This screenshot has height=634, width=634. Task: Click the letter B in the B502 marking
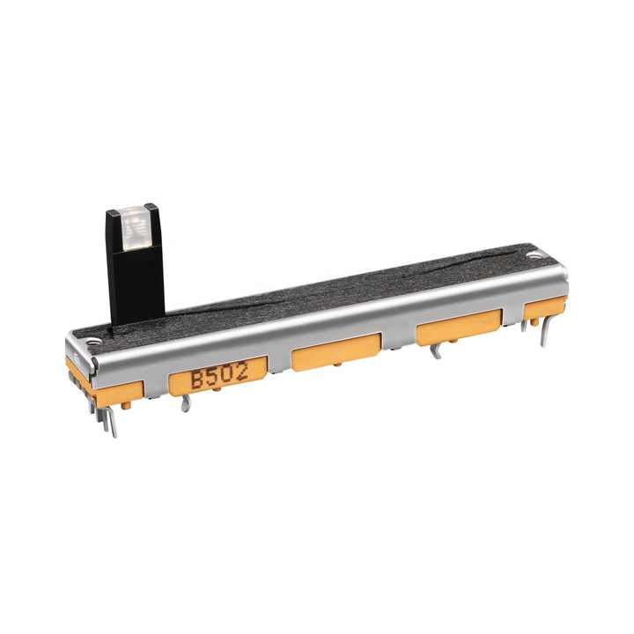pos(197,380)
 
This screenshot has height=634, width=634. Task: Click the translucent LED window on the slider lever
pos(136,227)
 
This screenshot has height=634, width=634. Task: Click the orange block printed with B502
pos(218,376)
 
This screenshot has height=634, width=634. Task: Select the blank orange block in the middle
pos(336,351)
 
